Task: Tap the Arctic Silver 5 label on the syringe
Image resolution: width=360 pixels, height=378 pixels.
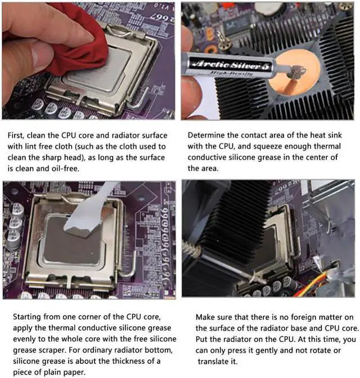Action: (x=230, y=65)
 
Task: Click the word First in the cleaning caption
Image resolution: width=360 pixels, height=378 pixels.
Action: (x=15, y=135)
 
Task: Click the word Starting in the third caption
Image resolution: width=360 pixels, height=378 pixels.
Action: (x=27, y=317)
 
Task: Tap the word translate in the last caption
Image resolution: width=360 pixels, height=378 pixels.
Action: (x=217, y=361)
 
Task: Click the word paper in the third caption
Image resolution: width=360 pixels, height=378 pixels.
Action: (x=74, y=372)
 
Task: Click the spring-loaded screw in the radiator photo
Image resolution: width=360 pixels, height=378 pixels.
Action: (x=192, y=251)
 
